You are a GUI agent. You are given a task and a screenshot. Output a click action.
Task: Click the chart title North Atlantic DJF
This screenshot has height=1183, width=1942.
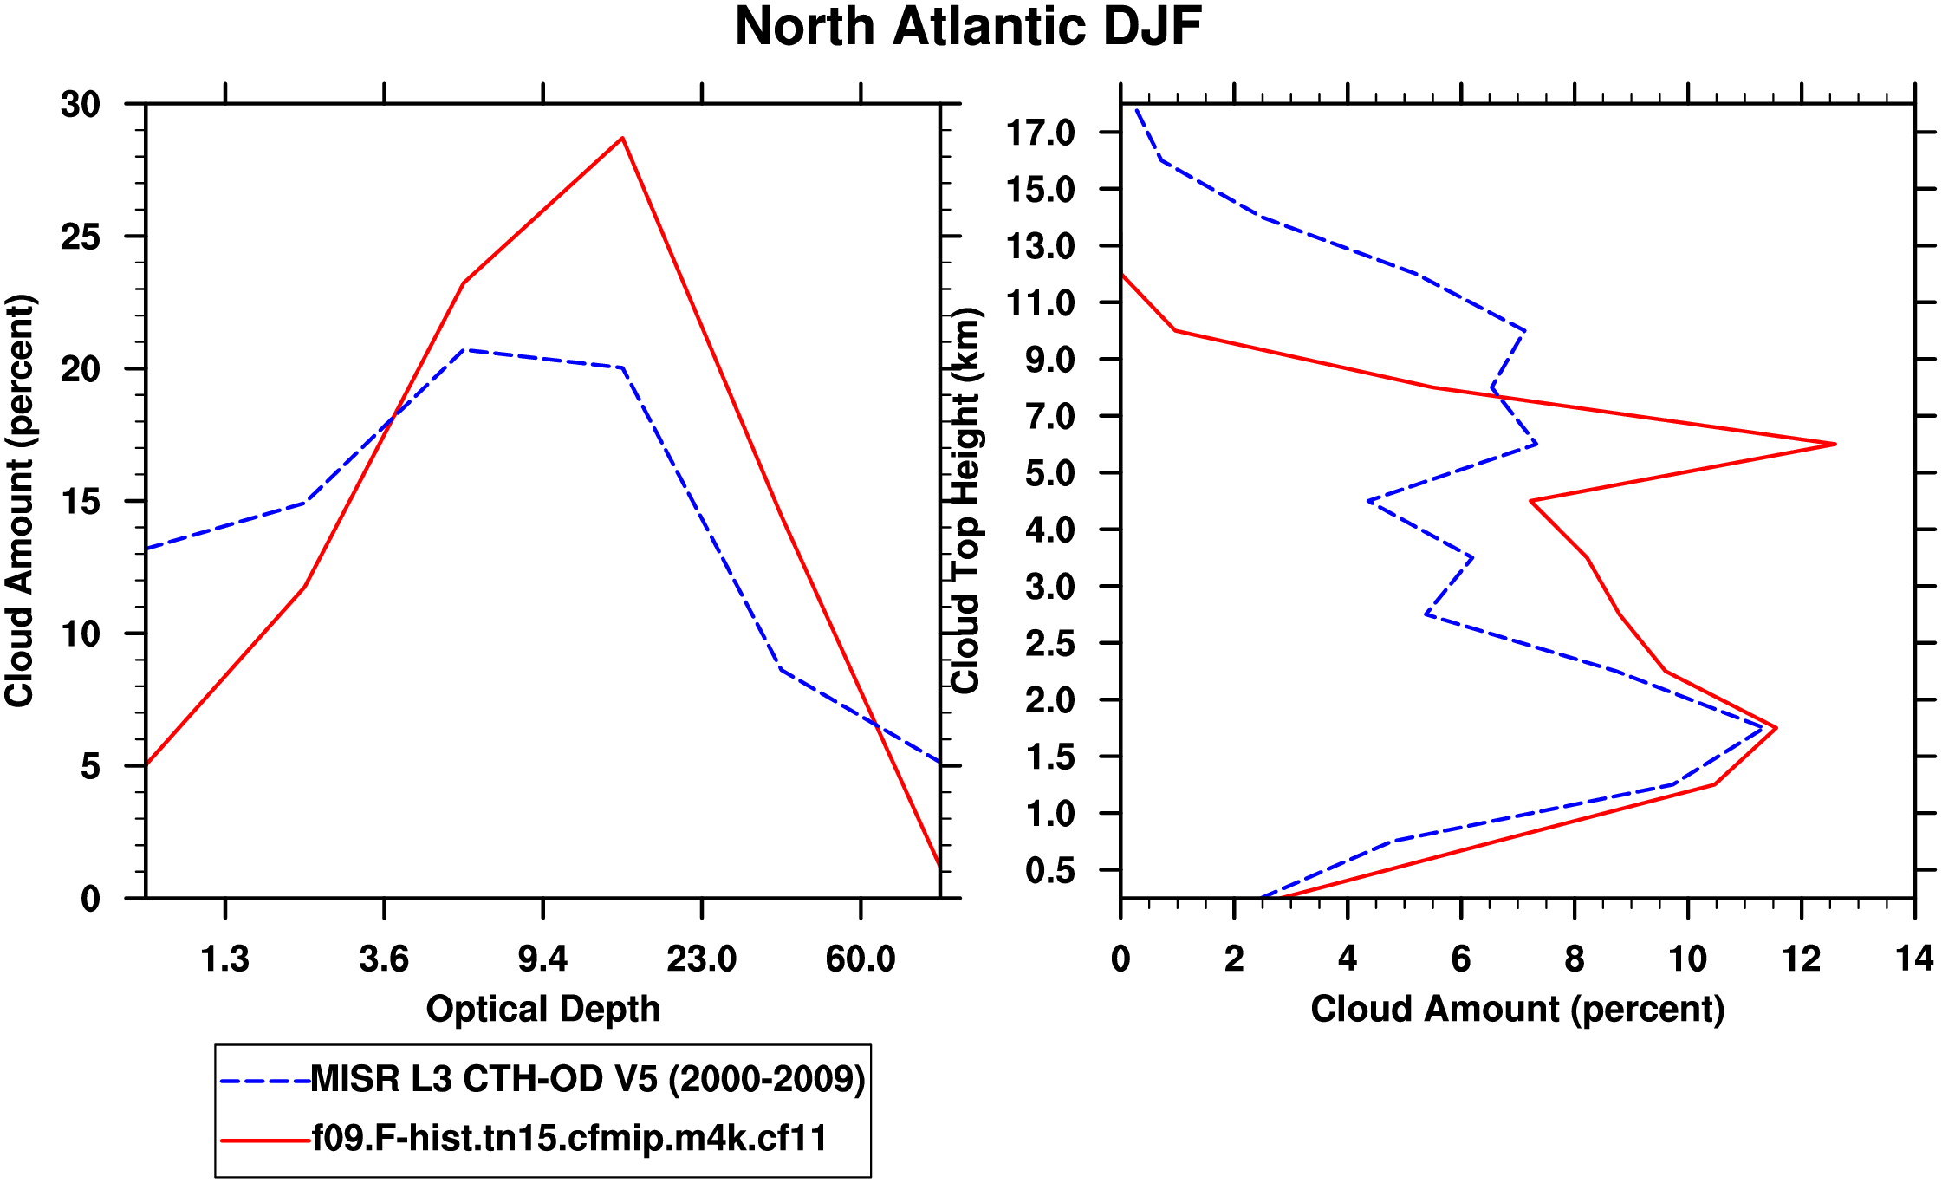pyautogui.click(x=968, y=27)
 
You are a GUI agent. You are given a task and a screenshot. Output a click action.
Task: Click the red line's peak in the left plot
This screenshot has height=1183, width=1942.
pyautogui.click(x=622, y=139)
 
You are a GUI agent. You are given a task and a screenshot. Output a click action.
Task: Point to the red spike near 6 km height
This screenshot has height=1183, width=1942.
pyautogui.click(x=1834, y=444)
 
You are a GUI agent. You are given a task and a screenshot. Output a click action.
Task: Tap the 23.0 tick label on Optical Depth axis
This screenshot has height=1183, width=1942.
pyautogui.click(x=701, y=959)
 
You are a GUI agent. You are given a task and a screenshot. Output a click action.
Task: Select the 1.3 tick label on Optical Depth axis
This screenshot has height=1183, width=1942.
pyautogui.click(x=225, y=959)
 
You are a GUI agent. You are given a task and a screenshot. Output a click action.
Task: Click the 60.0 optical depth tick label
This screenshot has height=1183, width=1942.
pyautogui.click(x=860, y=959)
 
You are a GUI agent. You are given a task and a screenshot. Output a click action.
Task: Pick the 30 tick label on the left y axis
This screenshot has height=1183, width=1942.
pyautogui.click(x=81, y=105)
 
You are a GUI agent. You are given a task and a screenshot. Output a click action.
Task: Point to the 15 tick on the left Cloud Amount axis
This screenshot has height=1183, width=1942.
pyautogui.click(x=81, y=502)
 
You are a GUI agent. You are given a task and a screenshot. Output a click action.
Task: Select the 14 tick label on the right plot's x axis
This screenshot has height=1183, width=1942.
pyautogui.click(x=1913, y=959)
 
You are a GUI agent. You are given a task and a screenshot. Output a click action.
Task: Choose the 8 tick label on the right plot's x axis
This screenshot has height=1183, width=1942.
pyautogui.click(x=1574, y=959)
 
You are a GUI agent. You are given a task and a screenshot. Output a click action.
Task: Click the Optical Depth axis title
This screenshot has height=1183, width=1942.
pyautogui.click(x=543, y=1010)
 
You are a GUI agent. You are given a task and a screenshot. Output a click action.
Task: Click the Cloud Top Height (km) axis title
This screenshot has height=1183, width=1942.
pyautogui.click(x=965, y=501)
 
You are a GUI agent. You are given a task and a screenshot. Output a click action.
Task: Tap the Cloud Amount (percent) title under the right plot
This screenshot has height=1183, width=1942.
pyautogui.click(x=1517, y=1010)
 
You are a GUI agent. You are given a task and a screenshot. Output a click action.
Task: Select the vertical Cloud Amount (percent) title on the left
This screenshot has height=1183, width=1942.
pyautogui.click(x=19, y=501)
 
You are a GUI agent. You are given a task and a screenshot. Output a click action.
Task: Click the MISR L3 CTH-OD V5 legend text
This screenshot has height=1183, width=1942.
pyautogui.click(x=588, y=1079)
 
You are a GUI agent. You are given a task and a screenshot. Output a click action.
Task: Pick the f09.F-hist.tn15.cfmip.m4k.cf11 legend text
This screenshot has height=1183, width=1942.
pyautogui.click(x=569, y=1138)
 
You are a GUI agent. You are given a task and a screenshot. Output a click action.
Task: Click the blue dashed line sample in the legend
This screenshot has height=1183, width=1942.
pyautogui.click(x=265, y=1081)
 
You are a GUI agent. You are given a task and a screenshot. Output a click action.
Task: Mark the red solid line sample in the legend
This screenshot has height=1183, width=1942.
pyautogui.click(x=265, y=1141)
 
